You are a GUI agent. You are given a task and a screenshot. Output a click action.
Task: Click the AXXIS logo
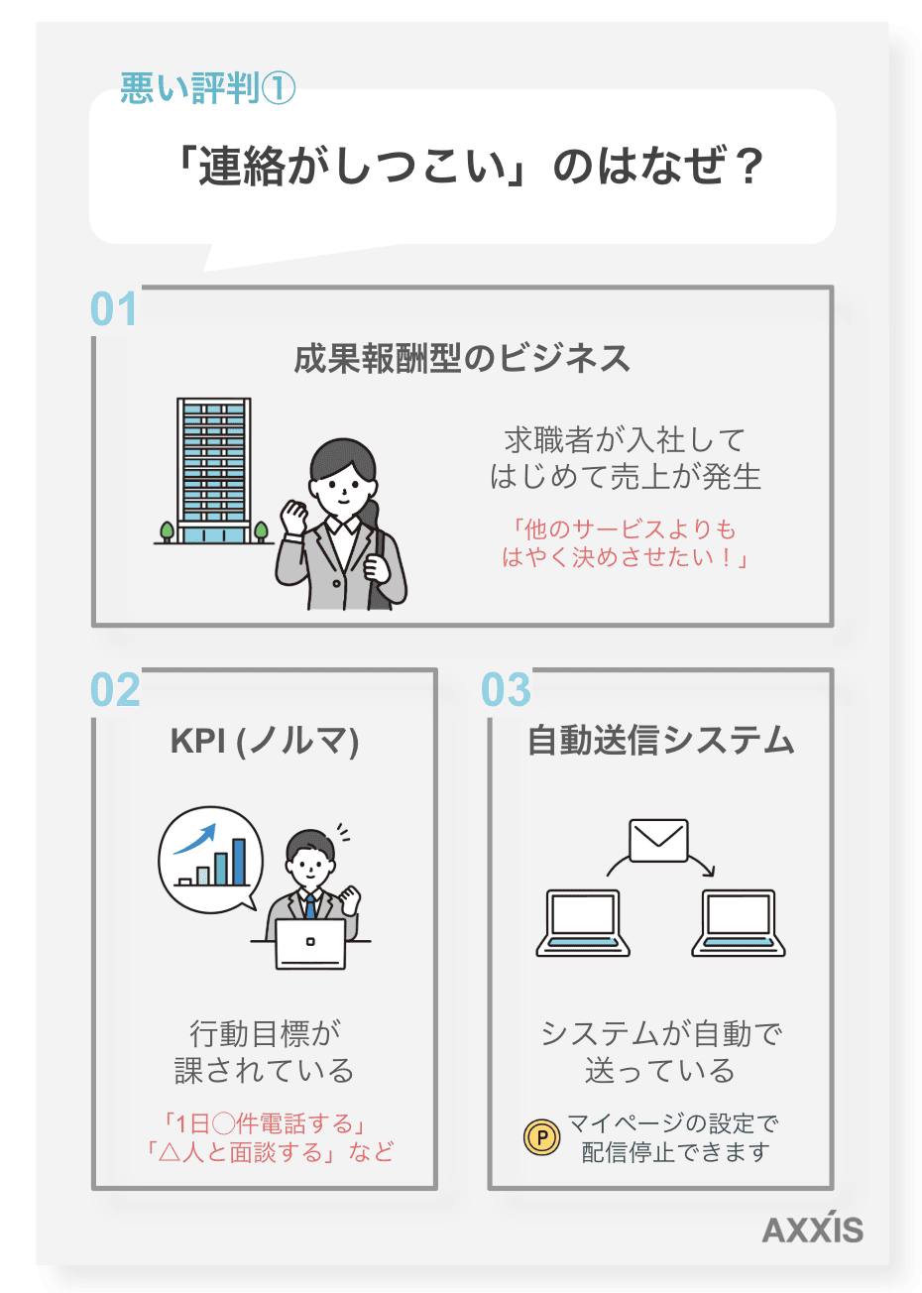click(812, 1229)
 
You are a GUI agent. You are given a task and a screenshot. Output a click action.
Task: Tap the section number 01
click(113, 309)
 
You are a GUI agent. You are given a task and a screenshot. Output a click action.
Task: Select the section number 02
click(115, 690)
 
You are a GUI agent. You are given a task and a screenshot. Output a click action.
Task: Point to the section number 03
click(506, 690)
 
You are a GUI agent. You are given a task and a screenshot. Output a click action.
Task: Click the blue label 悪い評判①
click(207, 88)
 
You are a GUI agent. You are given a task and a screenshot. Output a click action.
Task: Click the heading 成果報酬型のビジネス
click(462, 358)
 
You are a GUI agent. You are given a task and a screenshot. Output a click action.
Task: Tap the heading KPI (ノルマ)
click(264, 741)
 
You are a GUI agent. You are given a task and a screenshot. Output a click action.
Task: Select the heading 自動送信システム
click(660, 741)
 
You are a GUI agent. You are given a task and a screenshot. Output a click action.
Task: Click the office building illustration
click(213, 471)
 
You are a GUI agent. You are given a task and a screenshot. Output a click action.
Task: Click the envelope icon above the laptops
click(658, 841)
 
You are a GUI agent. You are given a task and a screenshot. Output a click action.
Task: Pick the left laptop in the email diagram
click(583, 922)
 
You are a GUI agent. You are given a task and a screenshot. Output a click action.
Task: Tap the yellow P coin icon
click(541, 1137)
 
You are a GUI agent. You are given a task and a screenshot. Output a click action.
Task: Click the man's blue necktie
click(310, 906)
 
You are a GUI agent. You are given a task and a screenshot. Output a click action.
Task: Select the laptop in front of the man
click(310, 943)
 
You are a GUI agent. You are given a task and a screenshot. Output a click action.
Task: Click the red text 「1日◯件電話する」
click(264, 1123)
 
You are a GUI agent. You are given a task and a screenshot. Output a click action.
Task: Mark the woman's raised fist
click(294, 515)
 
